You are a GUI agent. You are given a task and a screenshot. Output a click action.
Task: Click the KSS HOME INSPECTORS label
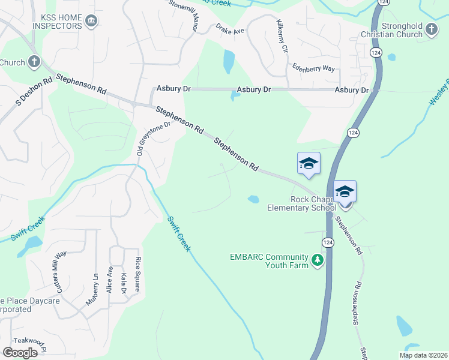tap(53, 22)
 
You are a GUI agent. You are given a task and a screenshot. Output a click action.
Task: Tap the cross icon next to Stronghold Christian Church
tap(432, 29)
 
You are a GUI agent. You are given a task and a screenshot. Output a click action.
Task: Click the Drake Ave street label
tap(231, 30)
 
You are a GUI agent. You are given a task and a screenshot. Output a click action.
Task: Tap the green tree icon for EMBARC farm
tap(316, 261)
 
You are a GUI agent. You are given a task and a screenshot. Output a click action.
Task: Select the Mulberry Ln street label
tap(91, 289)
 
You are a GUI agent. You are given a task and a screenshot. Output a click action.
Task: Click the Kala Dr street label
tap(123, 283)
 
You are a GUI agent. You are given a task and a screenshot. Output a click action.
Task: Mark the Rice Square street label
tap(137, 274)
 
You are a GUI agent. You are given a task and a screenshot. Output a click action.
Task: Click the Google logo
tap(20, 353)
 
